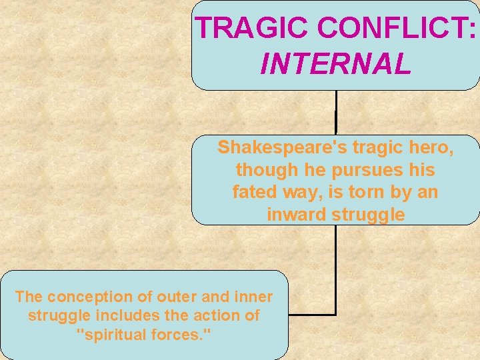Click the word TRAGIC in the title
(x=252, y=28)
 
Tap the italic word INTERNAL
(x=335, y=65)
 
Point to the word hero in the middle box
(x=431, y=147)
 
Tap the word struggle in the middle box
(x=369, y=215)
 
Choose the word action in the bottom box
(x=211, y=315)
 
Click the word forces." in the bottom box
(x=183, y=333)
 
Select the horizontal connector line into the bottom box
(x=312, y=314)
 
